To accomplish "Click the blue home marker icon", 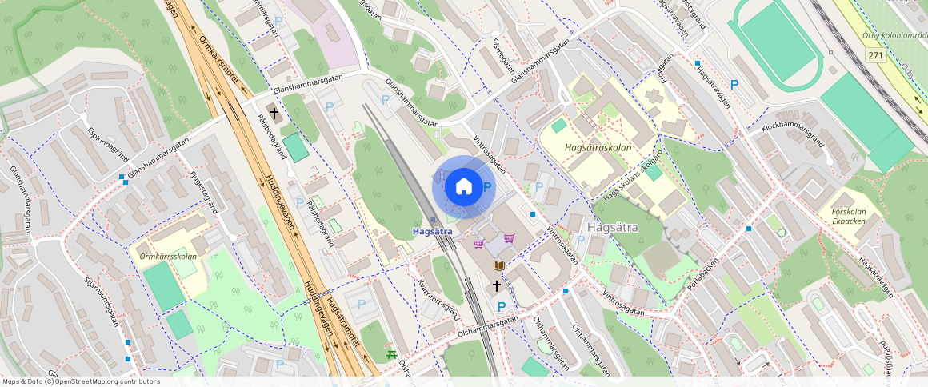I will [x=464, y=187].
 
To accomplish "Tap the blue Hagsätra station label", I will [x=433, y=232].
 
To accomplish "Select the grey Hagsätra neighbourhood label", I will [x=612, y=227].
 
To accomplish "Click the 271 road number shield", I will [x=877, y=54].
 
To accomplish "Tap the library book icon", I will [x=499, y=265].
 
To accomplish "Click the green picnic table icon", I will [x=391, y=353].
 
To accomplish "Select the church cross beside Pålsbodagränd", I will [x=274, y=114].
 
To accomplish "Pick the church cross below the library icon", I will [x=496, y=285].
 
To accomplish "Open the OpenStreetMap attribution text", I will [x=80, y=381].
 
